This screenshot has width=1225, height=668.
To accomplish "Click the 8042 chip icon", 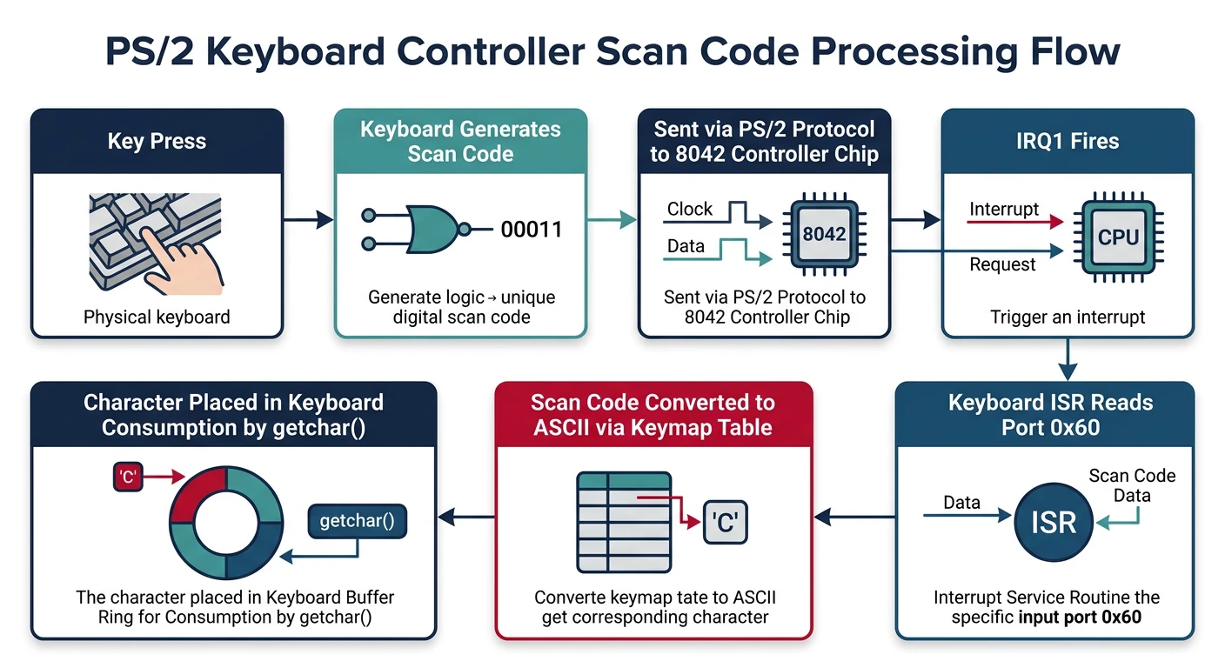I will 824,233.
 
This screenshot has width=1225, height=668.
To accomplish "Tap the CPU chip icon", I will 1118,237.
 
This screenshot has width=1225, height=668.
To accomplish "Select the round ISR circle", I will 1054,521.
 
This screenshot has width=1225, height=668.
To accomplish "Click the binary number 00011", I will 531,230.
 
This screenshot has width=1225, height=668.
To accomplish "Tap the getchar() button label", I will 358,522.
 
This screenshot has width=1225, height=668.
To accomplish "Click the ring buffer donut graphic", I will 226,524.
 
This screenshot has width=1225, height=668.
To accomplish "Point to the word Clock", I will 689,209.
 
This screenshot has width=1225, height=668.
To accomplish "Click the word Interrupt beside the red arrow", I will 1003,209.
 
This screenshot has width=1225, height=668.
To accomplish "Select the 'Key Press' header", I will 157,141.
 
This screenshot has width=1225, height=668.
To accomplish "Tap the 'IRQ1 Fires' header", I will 1068,141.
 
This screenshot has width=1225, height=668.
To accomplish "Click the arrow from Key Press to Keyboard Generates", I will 309,221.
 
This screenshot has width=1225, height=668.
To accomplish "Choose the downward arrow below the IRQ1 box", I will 1068,357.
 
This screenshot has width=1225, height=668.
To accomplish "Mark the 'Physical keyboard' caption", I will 157,317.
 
